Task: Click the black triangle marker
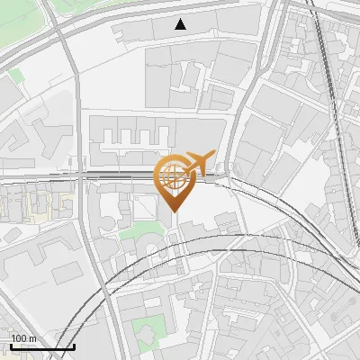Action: click(x=182, y=24)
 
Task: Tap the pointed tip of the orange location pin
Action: click(x=174, y=211)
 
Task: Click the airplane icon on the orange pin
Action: click(x=200, y=162)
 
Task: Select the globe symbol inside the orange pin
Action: click(x=173, y=175)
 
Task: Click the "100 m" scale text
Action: click(x=23, y=338)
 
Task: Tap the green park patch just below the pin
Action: click(x=139, y=235)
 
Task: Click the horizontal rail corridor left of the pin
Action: click(x=54, y=176)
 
